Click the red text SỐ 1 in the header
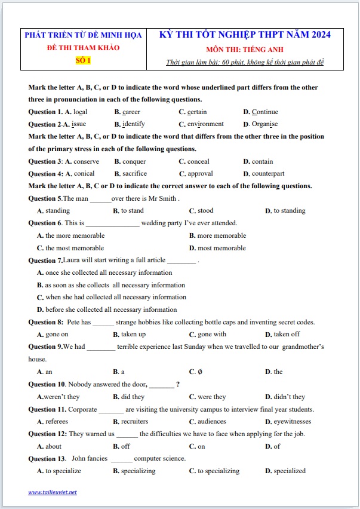[x=83, y=60]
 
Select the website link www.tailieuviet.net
[x=53, y=492]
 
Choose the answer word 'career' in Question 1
[x=131, y=112]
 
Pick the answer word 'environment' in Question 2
[x=205, y=124]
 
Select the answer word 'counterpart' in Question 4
[x=268, y=174]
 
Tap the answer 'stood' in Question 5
[x=205, y=210]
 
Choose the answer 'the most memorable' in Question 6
[x=75, y=248]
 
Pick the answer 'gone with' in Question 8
[x=212, y=335]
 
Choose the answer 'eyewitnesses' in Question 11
[x=293, y=421]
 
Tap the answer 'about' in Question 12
[x=53, y=446]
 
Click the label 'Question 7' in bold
[x=45, y=260]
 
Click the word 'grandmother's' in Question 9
[x=303, y=347]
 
